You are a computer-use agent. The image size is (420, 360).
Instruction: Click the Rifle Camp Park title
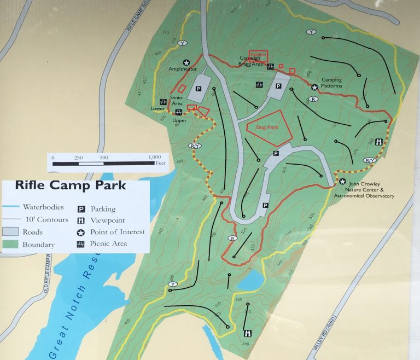click(x=71, y=185)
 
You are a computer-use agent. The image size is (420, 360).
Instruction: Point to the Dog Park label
click(x=267, y=127)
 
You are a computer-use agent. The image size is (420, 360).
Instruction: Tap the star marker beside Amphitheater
click(x=186, y=63)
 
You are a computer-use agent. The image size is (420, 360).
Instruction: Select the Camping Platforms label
click(x=331, y=83)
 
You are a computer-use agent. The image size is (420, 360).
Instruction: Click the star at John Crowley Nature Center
click(x=342, y=182)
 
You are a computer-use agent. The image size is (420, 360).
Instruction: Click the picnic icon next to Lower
click(x=162, y=101)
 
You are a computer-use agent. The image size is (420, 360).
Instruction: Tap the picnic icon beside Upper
click(x=179, y=113)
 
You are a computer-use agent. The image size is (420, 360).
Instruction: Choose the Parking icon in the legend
click(x=81, y=208)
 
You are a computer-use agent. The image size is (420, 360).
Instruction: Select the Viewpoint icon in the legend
click(x=81, y=220)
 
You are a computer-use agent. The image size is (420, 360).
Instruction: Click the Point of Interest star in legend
click(x=81, y=232)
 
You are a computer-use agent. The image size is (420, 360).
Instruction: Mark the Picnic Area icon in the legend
click(x=81, y=243)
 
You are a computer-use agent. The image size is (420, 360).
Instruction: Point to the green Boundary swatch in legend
click(x=11, y=245)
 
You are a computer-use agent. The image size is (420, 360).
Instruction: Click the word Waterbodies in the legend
click(x=43, y=207)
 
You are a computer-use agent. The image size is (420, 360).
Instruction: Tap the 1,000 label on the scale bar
click(x=155, y=158)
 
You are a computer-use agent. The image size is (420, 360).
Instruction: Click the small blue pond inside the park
click(x=250, y=281)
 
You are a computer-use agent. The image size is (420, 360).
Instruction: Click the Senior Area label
click(x=177, y=100)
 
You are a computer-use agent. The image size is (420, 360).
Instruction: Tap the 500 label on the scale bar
click(x=104, y=158)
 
